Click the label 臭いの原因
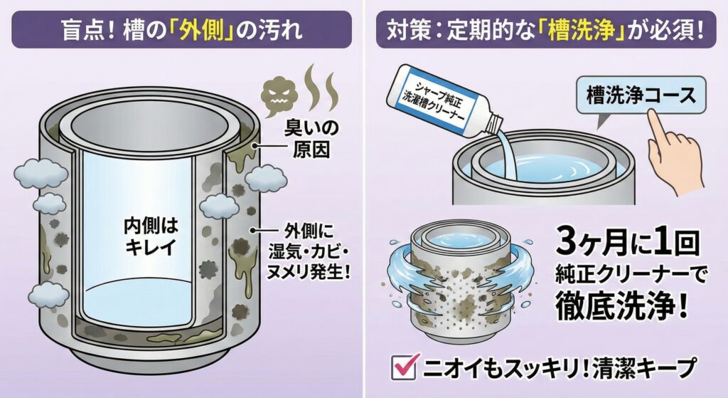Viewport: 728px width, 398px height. tap(306, 140)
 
